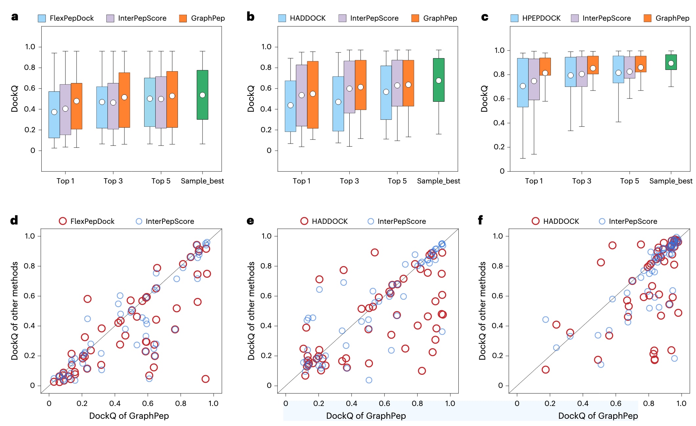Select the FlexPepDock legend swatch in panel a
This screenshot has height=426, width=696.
[42, 18]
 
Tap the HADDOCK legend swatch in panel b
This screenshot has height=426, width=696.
[282, 18]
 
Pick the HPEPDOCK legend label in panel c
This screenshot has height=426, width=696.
[541, 18]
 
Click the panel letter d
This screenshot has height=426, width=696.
[14, 220]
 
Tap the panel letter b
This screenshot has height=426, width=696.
[250, 17]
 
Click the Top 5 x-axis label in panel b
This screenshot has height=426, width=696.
[397, 181]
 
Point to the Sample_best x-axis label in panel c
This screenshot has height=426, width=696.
[671, 181]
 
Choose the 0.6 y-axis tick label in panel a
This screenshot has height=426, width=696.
[30, 88]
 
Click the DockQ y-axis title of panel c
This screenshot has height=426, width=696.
[484, 99]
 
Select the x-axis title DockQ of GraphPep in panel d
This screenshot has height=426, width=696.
[129, 416]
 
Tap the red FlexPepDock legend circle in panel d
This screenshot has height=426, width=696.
[63, 221]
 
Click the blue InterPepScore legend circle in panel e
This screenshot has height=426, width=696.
[371, 222]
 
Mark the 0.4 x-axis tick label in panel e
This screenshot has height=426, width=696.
[351, 403]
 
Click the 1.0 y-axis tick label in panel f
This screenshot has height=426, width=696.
[498, 236]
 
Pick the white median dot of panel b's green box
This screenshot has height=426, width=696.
[439, 81]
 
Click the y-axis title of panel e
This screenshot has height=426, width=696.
[251, 310]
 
